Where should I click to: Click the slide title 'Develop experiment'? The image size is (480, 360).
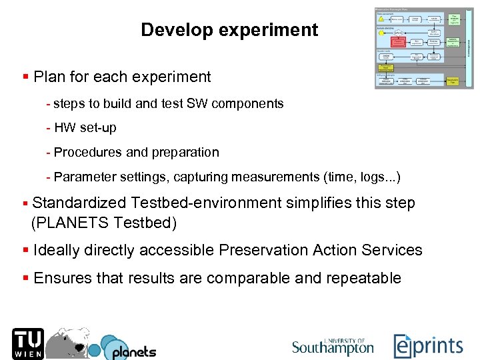pyautogui.click(x=229, y=30)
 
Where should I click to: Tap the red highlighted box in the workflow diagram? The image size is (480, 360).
pyautogui.click(x=399, y=41)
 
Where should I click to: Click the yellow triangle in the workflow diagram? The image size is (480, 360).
pyautogui.click(x=381, y=19)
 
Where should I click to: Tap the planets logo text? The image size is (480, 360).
pyautogui.click(x=133, y=351)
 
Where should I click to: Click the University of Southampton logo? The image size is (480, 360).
pyautogui.click(x=333, y=346)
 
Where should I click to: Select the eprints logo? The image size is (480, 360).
pyautogui.click(x=428, y=346)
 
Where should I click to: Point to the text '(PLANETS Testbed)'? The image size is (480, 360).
pyautogui.click(x=104, y=223)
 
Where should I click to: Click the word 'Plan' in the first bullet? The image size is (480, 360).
pyautogui.click(x=48, y=77)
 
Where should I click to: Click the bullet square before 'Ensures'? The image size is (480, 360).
pyautogui.click(x=25, y=278)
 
